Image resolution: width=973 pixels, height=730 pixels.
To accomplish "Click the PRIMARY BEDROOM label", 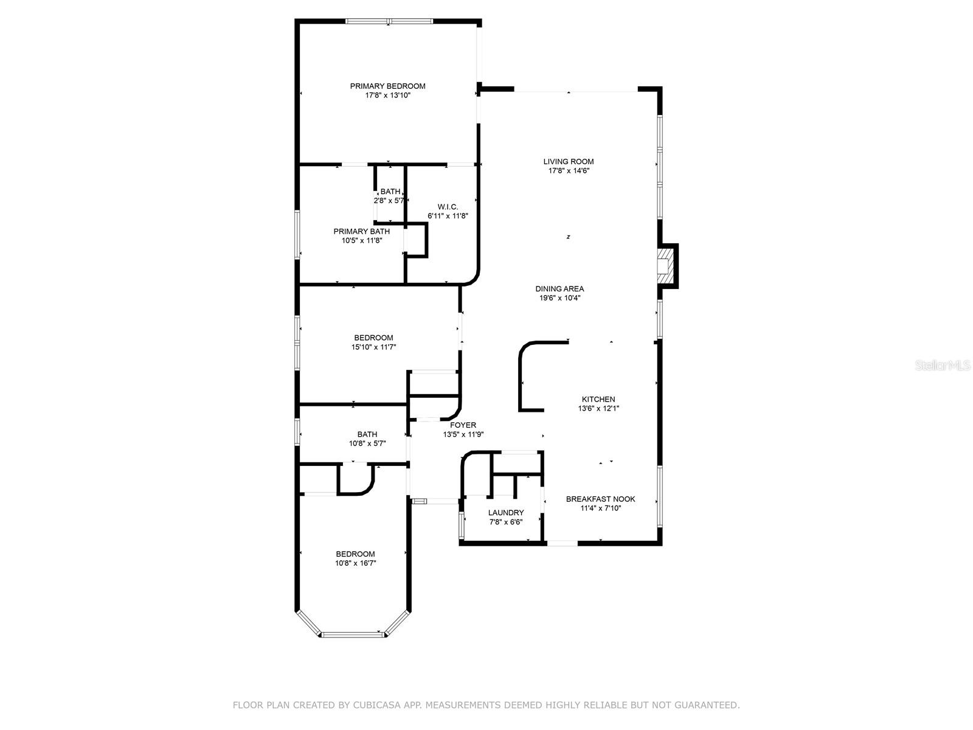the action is click(387, 86).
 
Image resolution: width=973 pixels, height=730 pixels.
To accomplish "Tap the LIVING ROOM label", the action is click(568, 161).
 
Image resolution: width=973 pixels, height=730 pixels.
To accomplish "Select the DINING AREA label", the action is click(559, 288).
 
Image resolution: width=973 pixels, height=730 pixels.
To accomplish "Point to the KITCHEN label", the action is click(598, 399).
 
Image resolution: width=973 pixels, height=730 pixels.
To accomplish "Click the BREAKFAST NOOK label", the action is click(600, 499).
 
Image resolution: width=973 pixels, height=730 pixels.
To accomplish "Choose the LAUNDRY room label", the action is click(506, 512).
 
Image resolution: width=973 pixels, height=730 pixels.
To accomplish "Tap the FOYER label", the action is click(463, 425).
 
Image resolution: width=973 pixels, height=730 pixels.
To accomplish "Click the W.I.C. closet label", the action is click(447, 207).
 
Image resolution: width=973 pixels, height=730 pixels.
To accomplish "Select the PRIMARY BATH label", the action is click(361, 231).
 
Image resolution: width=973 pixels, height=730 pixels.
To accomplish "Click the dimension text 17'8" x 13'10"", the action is click(387, 96).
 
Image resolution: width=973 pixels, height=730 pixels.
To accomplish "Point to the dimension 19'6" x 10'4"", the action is click(559, 298).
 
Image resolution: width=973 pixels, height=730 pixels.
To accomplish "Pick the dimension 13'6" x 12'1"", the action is click(598, 408).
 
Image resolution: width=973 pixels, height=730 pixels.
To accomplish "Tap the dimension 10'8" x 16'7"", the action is click(355, 563).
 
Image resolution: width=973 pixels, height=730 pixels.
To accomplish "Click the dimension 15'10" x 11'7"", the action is click(373, 347).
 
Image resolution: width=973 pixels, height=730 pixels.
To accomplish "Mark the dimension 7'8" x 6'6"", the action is click(506, 522).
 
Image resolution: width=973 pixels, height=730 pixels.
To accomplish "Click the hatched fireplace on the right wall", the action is click(665, 265).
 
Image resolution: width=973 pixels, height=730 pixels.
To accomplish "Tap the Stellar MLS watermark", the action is click(943, 366).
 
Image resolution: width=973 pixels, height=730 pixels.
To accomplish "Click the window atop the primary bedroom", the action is click(389, 21).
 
